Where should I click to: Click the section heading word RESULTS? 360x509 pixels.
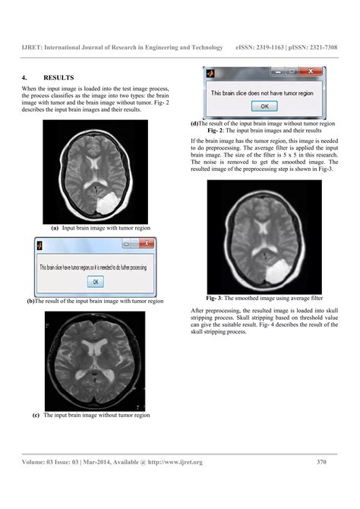60,77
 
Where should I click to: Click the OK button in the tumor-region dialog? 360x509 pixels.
96,282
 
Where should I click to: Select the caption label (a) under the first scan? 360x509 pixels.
55,228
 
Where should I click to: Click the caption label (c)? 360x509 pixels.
36,416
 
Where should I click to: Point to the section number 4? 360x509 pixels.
25,77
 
